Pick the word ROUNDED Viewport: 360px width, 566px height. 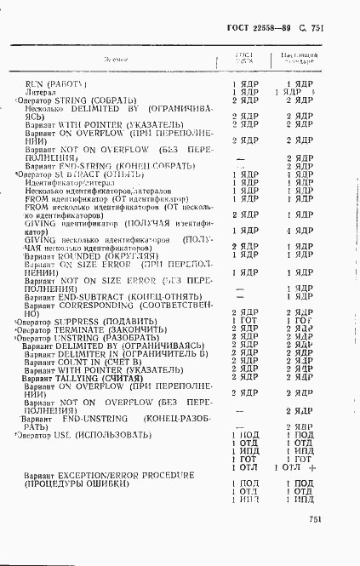[83, 254]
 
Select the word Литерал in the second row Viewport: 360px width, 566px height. [42, 91]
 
